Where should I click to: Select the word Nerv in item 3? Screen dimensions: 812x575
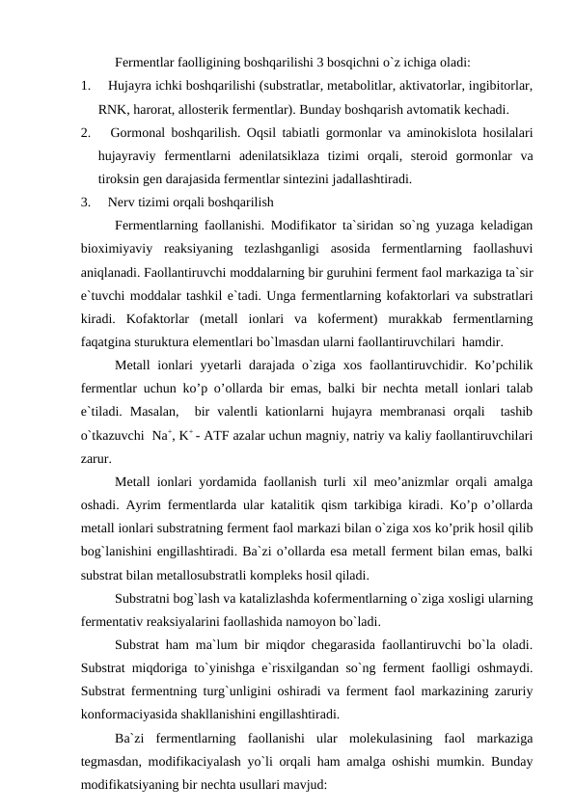click(122, 203)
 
